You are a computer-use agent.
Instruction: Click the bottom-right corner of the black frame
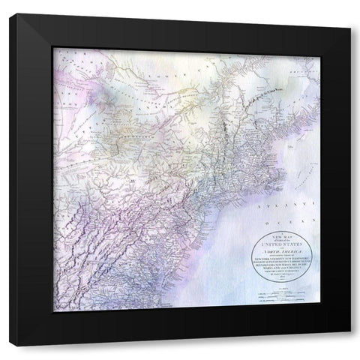(346, 344)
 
